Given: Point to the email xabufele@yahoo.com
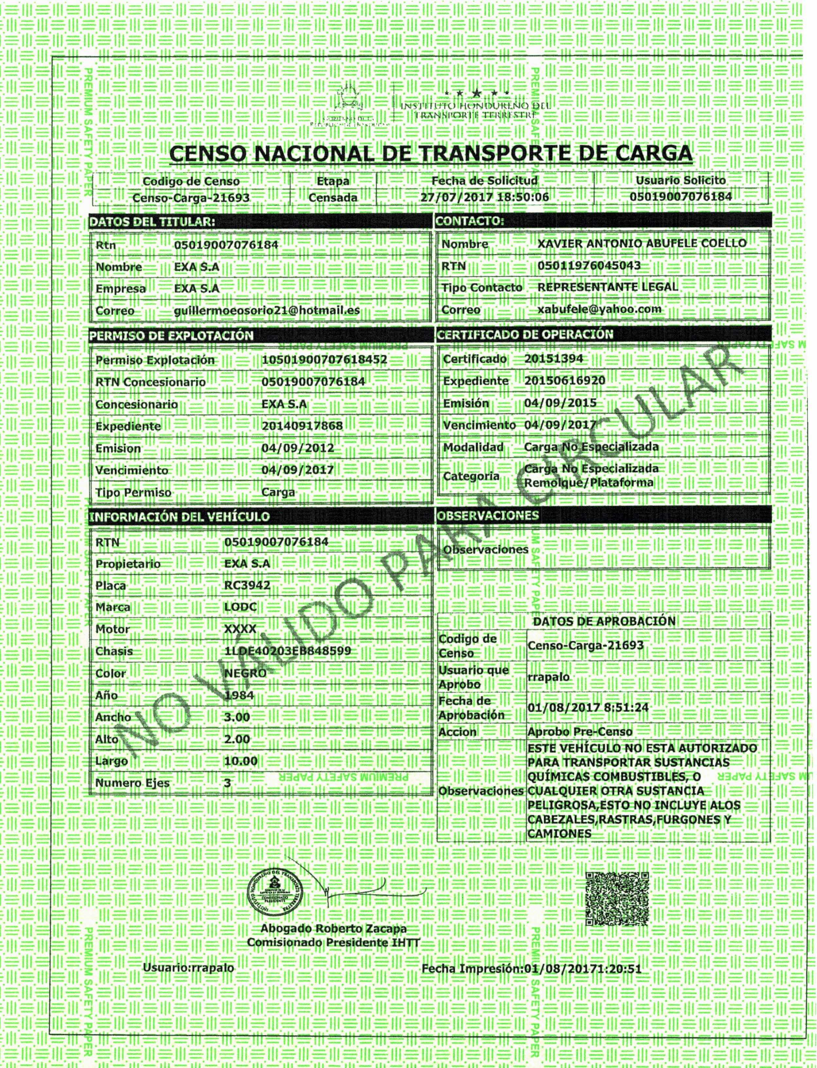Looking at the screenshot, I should tap(599, 309).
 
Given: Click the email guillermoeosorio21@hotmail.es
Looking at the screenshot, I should tap(266, 310).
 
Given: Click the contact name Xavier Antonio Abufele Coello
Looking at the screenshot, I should tap(642, 243).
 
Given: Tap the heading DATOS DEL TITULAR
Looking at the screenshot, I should tap(152, 222).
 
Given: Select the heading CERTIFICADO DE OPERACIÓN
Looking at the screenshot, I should tap(525, 335).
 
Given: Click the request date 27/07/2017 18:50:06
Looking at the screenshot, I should tap(484, 197).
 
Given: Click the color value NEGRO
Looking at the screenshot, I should tap(245, 673).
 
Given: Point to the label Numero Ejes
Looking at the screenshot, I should tap(132, 783).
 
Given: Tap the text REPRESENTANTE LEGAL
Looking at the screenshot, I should tap(608, 287).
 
